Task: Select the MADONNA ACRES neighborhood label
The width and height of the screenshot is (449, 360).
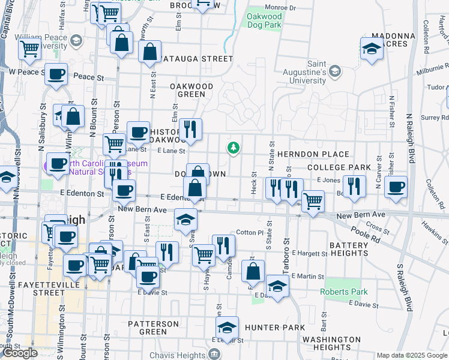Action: coord(394,40)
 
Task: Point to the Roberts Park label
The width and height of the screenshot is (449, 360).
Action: coord(343,292)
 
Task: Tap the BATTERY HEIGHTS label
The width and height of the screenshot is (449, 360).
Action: coord(352,250)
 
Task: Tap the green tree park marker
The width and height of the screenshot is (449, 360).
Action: coord(233,147)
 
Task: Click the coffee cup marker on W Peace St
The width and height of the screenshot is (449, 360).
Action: coord(56,75)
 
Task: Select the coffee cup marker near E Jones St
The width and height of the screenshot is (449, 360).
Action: coord(396,187)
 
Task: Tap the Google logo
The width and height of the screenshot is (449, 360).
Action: coord(20,353)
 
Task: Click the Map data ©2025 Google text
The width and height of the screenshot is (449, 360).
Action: coord(412,355)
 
